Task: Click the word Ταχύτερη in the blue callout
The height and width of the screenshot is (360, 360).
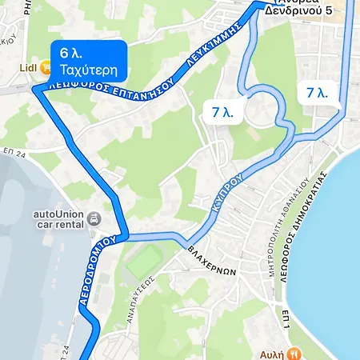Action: pyautogui.click(x=88, y=70)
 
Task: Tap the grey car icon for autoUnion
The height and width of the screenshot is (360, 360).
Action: pyautogui.click(x=94, y=218)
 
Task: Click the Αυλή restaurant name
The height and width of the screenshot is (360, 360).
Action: pyautogui.click(x=272, y=353)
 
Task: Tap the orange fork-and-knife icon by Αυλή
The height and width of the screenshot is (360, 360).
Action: pyautogui.click(x=294, y=352)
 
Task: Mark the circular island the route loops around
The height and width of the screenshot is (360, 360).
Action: pyautogui.click(x=261, y=109)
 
